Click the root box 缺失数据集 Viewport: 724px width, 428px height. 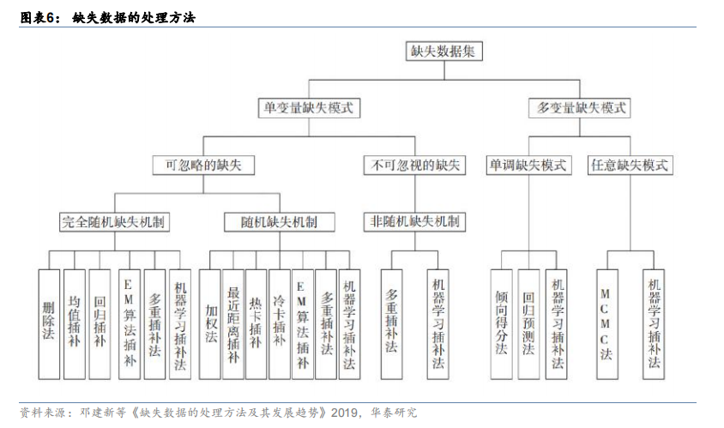(x=443, y=51)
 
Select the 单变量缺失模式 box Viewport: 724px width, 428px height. (x=309, y=108)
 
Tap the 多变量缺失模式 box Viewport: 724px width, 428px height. (x=580, y=108)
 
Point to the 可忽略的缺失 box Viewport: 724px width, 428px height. (x=203, y=165)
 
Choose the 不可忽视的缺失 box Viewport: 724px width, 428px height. (x=414, y=165)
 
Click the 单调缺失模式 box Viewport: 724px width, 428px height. (x=528, y=165)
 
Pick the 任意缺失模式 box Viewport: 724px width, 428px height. (x=630, y=165)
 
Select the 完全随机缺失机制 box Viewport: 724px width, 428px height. (x=114, y=222)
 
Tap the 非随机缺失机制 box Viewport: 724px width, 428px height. (x=414, y=222)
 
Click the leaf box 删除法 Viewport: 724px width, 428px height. (x=49, y=324)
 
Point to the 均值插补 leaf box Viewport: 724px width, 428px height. (x=75, y=324)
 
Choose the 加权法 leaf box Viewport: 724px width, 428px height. (x=210, y=324)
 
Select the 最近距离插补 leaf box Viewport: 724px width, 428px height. (x=233, y=324)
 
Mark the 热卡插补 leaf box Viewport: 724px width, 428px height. (x=256, y=324)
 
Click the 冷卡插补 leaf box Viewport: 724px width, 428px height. (x=280, y=324)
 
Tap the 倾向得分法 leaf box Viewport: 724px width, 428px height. (x=502, y=324)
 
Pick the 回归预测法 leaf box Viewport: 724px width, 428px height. (x=528, y=324)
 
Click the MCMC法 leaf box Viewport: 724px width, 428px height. (x=607, y=324)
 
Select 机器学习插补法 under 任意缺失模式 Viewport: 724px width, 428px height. (x=654, y=324)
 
